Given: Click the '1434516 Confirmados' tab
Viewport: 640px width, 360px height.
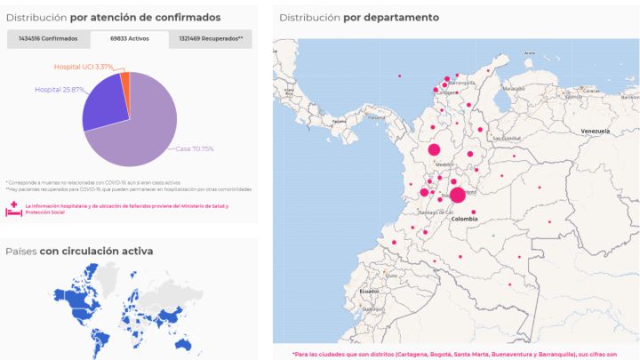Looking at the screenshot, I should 48,39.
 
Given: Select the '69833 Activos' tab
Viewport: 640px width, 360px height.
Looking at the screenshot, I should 129,39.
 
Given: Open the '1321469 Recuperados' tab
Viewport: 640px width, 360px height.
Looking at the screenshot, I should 211,39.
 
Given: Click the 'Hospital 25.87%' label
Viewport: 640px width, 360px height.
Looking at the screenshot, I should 60,90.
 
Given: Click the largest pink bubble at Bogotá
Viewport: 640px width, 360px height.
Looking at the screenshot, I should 457,196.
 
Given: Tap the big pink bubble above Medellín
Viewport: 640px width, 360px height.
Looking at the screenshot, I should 435,150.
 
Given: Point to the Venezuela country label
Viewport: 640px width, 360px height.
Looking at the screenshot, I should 594,132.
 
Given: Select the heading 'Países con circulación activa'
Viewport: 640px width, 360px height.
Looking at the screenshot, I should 79,252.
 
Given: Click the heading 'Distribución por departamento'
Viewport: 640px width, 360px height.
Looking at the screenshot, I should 358,18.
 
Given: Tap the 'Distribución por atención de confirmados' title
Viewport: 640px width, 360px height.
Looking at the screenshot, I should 113,17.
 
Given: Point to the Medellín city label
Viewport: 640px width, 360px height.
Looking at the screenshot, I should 444,164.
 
